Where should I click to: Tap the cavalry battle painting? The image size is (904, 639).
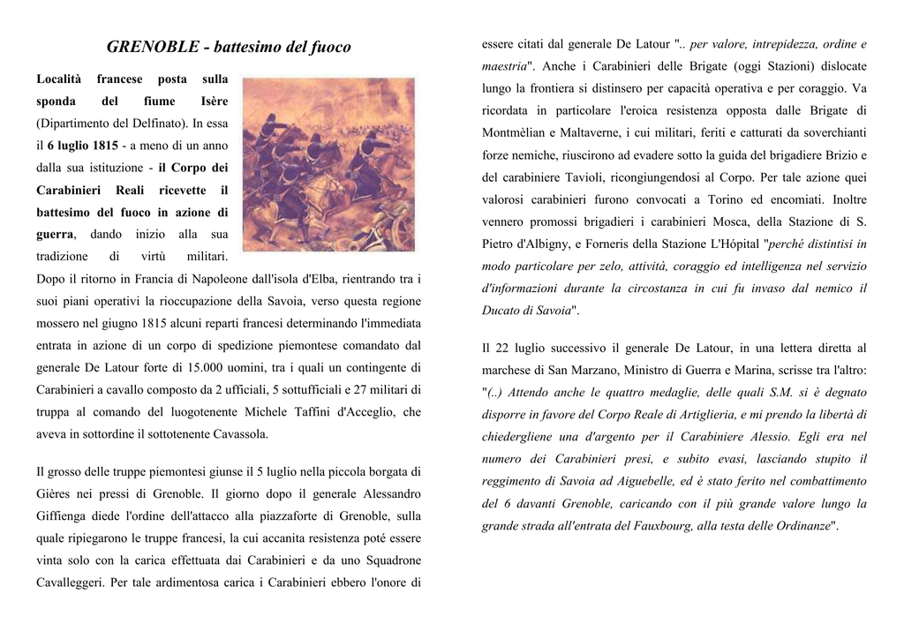(328, 164)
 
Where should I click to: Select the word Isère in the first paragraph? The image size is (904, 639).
(215, 101)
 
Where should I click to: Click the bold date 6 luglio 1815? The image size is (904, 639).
(83, 145)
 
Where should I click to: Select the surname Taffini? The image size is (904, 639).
(290, 412)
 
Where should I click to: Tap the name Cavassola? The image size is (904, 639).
(238, 434)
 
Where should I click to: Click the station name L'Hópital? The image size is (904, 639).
(732, 244)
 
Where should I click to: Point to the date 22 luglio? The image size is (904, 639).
(520, 348)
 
